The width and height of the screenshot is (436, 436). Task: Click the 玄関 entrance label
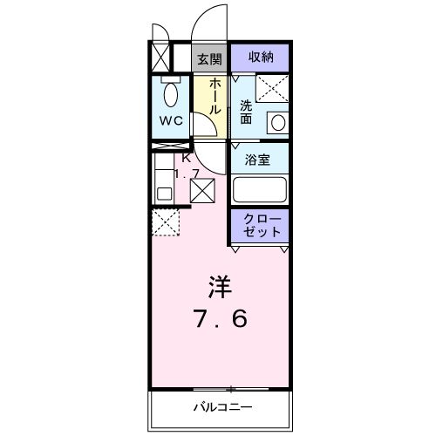pos(208,59)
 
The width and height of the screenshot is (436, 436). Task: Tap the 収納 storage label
pos(260,58)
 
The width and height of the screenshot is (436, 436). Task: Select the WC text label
pos(171,120)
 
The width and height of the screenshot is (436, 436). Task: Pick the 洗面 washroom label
pos(246,112)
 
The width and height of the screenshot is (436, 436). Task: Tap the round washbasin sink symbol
pos(278,122)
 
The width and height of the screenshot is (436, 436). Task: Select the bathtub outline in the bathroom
pos(260,189)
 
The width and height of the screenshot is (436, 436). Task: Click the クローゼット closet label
pos(260,225)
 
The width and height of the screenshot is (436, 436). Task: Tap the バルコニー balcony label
pos(222,406)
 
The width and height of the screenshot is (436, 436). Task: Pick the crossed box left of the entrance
pos(160,58)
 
